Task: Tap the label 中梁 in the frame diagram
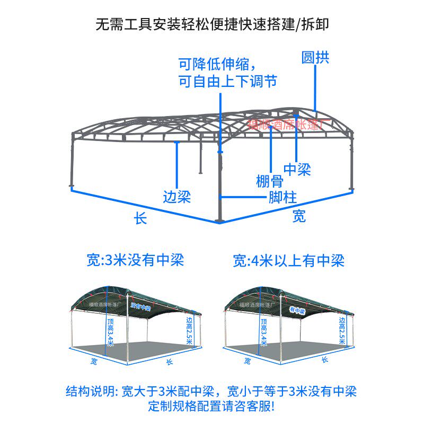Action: tap(297, 170)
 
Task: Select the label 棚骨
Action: tap(269, 182)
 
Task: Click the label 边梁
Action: tap(176, 197)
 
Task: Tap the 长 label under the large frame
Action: tap(140, 218)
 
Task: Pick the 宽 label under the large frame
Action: tap(299, 216)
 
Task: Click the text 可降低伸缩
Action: tap(216, 65)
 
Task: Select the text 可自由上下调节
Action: tap(227, 81)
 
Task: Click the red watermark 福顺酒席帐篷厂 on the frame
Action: tap(289, 125)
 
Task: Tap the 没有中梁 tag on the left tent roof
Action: tap(141, 306)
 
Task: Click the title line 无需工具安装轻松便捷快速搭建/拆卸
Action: tap(211, 24)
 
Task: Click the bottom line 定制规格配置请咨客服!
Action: tap(211, 407)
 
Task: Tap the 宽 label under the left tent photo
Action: tap(93, 361)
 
